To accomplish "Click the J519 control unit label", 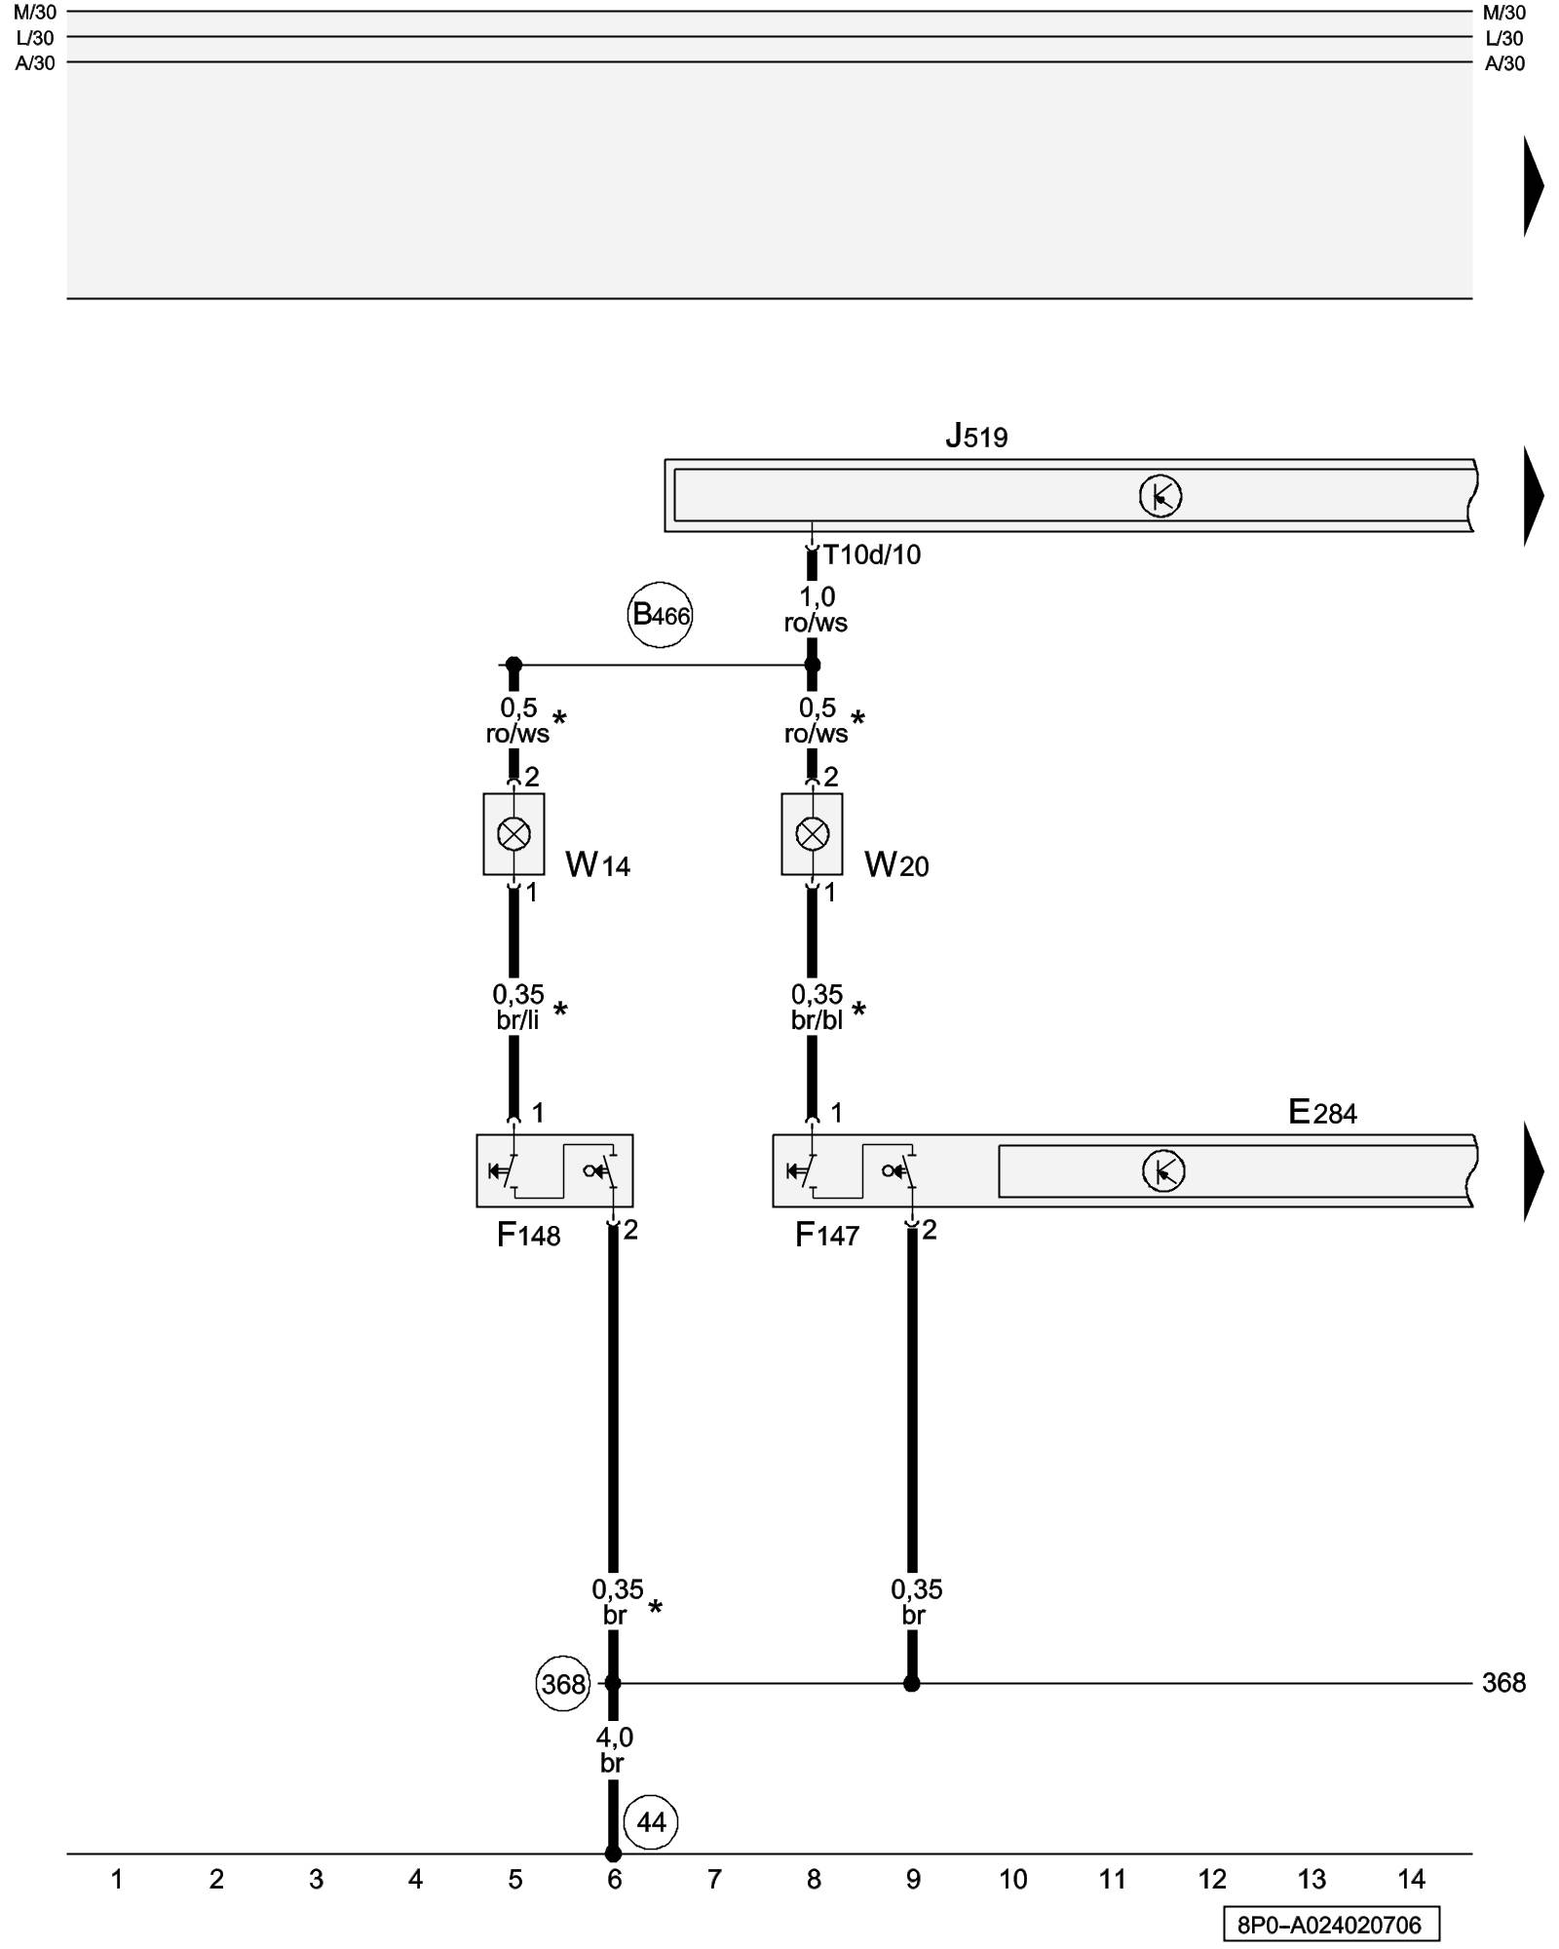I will [x=976, y=436].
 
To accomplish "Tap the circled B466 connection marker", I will [x=660, y=615].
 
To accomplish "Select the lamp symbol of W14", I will [x=513, y=834].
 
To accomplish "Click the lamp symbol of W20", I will [x=812, y=834].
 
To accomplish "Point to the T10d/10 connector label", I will [x=871, y=555].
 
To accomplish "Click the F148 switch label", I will [x=529, y=1236].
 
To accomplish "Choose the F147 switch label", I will [x=827, y=1236].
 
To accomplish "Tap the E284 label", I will [x=1322, y=1112].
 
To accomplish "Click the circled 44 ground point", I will [x=651, y=1822].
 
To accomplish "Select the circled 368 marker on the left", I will [x=563, y=1684].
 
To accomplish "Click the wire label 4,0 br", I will [x=614, y=1750].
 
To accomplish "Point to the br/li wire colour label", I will [x=517, y=1020].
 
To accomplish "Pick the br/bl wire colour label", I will [x=817, y=1020].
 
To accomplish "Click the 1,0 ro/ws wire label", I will [x=817, y=610].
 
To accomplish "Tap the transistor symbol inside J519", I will [x=1160, y=496].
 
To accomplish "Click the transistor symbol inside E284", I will [x=1163, y=1170].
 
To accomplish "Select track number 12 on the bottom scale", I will [x=1212, y=1879].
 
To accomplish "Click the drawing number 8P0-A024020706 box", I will [x=1331, y=1925].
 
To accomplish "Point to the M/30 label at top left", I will [x=36, y=13].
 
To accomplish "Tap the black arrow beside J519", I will [x=1533, y=495].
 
